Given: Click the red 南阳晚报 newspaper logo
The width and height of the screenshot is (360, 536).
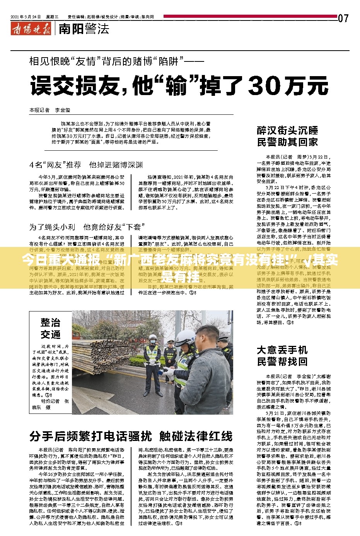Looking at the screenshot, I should (x=31, y=29).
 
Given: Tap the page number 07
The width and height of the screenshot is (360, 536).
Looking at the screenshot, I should (x=343, y=18).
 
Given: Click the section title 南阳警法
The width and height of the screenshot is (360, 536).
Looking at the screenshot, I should (x=84, y=29).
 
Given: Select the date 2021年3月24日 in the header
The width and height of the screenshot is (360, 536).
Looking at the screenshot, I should (x=26, y=17).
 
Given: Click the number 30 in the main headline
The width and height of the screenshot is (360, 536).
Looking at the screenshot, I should (x=266, y=85).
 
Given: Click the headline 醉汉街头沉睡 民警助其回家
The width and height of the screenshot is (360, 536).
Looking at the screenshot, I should (x=287, y=136).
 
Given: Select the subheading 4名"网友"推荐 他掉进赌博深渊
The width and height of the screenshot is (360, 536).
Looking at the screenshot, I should (x=86, y=165).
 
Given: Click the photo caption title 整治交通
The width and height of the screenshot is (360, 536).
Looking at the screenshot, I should (x=51, y=328).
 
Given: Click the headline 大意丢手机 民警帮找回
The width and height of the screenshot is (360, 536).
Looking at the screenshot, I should (x=282, y=356).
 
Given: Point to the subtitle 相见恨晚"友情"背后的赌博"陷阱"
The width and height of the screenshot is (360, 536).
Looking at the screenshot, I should (x=116, y=61).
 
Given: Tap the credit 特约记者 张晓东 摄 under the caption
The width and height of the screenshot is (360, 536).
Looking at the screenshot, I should (x=51, y=404).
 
